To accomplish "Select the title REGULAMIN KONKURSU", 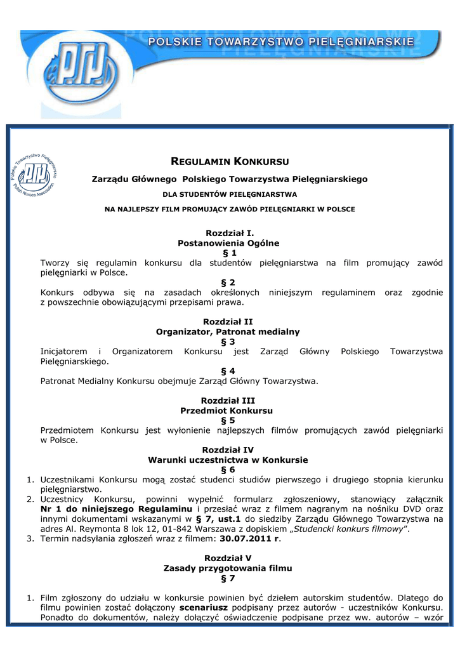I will [231, 161].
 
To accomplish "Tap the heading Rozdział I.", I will [228, 233].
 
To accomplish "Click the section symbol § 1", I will [228, 253].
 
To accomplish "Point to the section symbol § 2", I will [228, 282].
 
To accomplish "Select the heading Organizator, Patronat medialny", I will [228, 331].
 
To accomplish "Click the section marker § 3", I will [228, 342].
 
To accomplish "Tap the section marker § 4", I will [228, 371].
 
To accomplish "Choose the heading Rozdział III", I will [228, 401].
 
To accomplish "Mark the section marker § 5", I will [228, 420].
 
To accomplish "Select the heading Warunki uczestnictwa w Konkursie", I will [228, 460].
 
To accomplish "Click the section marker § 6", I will [228, 470].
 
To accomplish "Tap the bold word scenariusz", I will [187, 608].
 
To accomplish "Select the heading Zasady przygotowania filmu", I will [228, 568].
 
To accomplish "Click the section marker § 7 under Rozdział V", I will [228, 578].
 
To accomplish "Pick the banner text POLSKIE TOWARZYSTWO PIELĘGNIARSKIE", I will [281, 42].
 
